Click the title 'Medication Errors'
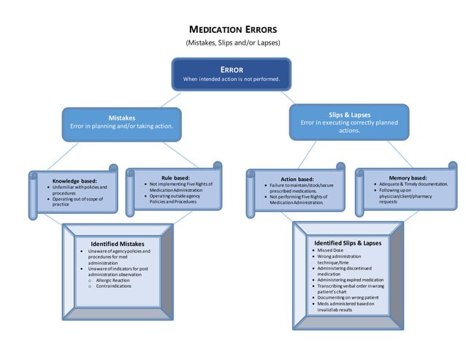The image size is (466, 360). (233, 30)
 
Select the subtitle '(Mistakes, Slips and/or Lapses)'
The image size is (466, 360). (233, 43)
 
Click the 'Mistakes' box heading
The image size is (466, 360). (121, 117)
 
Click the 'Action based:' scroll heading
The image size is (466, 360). (297, 179)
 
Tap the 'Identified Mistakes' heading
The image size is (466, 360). (117, 243)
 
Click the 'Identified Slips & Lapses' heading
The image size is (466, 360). (348, 242)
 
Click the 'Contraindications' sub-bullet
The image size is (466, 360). (114, 286)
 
